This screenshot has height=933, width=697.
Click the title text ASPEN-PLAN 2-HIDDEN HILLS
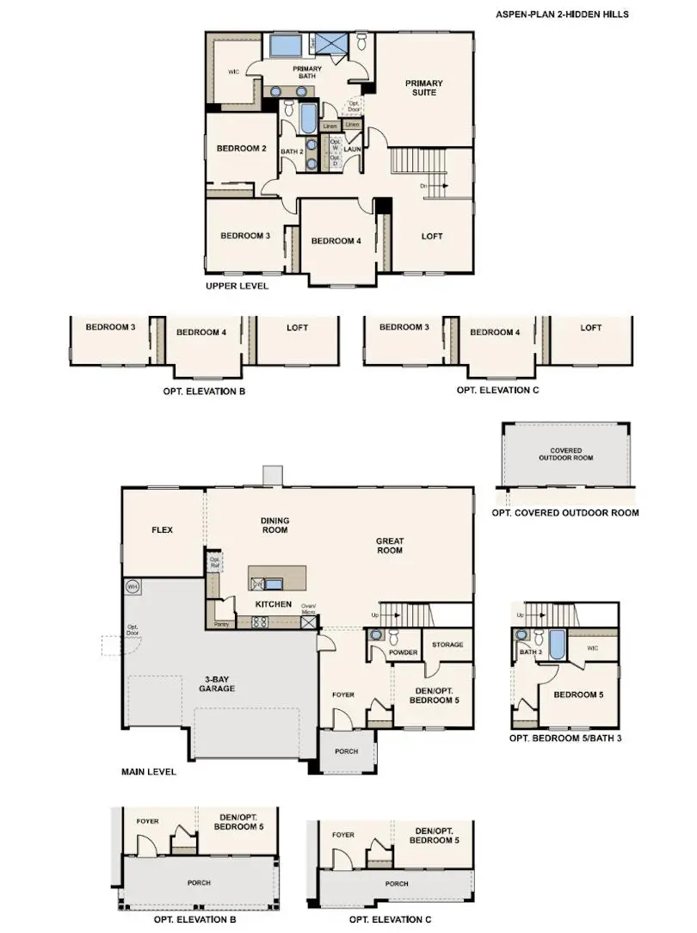click(x=562, y=15)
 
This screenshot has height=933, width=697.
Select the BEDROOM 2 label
click(x=241, y=149)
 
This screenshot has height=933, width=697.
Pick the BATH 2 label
click(x=292, y=151)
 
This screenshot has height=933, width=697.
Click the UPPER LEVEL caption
click(x=237, y=286)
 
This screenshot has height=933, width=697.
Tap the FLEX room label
click(x=163, y=530)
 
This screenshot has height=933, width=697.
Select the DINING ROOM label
click(x=274, y=525)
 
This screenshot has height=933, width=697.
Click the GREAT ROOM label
click(x=390, y=546)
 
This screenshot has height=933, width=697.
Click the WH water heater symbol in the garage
click(x=133, y=587)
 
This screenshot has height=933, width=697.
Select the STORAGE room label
click(x=447, y=645)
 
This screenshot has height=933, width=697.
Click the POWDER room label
click(x=403, y=652)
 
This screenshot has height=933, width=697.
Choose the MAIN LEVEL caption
click(x=149, y=772)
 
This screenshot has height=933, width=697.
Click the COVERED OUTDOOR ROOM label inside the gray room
click(x=566, y=454)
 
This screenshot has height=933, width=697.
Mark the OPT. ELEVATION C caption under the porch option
click(x=391, y=920)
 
